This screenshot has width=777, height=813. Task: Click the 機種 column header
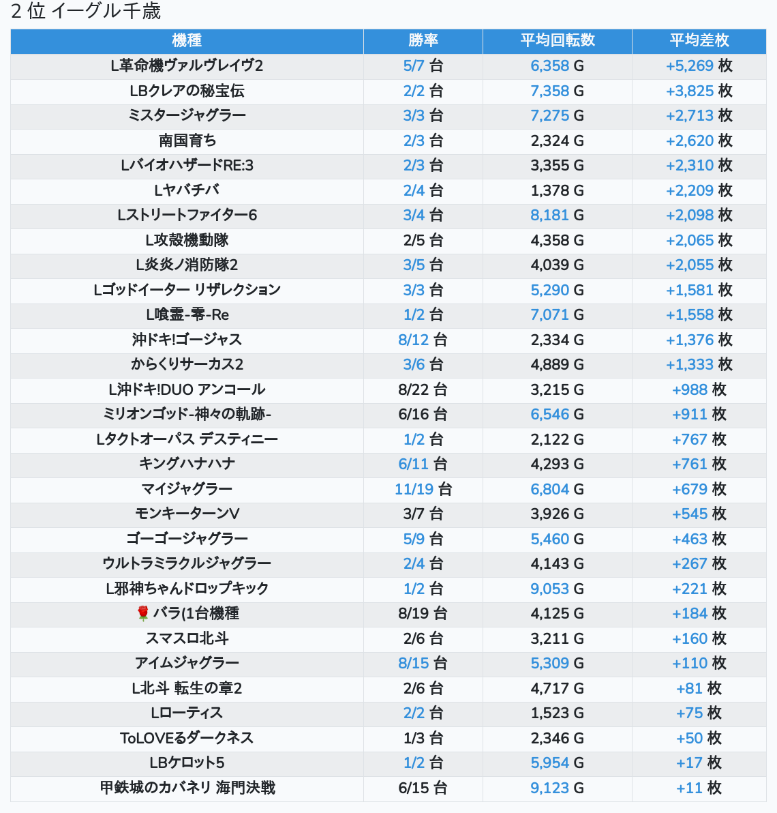point(187,40)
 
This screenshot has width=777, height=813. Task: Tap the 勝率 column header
point(423,40)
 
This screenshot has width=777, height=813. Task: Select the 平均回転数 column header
point(558,40)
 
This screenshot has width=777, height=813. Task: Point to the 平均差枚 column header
point(699,40)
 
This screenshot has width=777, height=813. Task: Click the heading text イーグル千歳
point(106,11)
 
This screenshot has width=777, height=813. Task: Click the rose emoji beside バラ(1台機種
point(143,613)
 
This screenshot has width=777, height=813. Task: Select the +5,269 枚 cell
point(699,66)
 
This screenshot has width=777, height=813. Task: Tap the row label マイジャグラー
point(187,489)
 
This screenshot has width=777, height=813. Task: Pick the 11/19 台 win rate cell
point(423,489)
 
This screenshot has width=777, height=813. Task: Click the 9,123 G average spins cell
point(558,788)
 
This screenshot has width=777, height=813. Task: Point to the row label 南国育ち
point(187,141)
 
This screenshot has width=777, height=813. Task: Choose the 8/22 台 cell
point(423,389)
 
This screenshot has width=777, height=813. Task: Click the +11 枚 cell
point(699,788)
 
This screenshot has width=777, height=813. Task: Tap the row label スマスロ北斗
point(187,638)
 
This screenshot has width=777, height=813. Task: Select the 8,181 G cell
point(558,215)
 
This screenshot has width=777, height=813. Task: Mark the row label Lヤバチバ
point(187,190)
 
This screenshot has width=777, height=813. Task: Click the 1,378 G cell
point(558,190)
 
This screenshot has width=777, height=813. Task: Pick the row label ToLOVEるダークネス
point(187,738)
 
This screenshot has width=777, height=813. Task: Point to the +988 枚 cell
point(699,389)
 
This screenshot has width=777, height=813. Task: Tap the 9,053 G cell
point(558,589)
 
